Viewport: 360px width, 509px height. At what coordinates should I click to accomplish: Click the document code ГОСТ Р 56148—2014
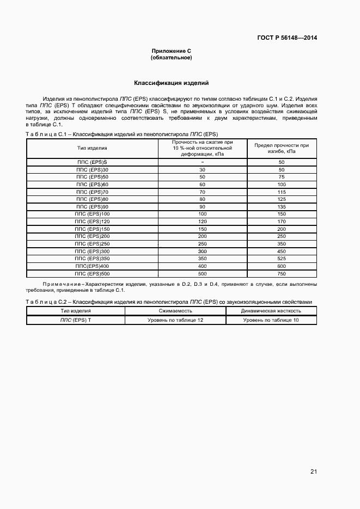[287, 38]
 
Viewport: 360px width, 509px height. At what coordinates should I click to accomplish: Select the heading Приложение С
[171, 51]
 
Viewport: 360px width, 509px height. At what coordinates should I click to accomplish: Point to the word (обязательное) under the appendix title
[171, 57]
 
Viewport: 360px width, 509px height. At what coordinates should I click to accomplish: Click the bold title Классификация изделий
[171, 83]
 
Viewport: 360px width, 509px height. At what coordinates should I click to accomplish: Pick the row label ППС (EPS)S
[92, 162]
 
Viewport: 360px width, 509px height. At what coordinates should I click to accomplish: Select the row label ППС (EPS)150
[92, 229]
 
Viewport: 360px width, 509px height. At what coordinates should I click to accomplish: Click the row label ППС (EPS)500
[92, 273]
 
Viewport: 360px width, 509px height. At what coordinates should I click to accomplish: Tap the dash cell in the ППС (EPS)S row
[202, 162]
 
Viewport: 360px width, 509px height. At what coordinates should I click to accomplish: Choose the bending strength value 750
[282, 273]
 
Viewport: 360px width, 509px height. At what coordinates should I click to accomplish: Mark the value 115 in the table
[282, 192]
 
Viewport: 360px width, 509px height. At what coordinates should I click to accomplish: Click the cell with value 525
[282, 259]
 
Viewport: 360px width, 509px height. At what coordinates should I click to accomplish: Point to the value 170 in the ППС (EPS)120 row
[282, 222]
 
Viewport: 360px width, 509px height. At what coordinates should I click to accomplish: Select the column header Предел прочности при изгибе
[282, 149]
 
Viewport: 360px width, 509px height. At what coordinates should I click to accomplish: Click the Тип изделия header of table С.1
[92, 148]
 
